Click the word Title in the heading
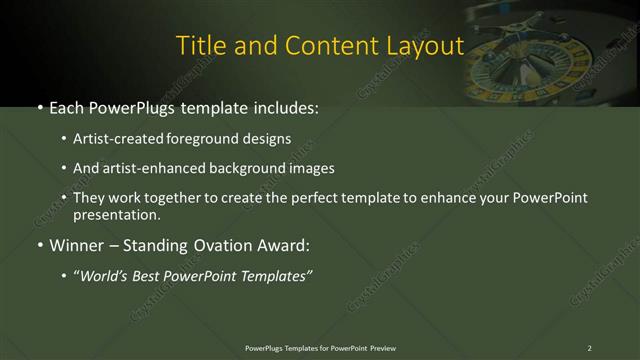coord(198,46)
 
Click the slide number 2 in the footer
coord(589,347)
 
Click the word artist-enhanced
coord(152,169)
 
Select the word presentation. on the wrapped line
coord(116,214)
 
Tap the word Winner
coord(75,243)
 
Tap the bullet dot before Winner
coord(40,244)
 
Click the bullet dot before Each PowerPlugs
coord(40,107)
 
